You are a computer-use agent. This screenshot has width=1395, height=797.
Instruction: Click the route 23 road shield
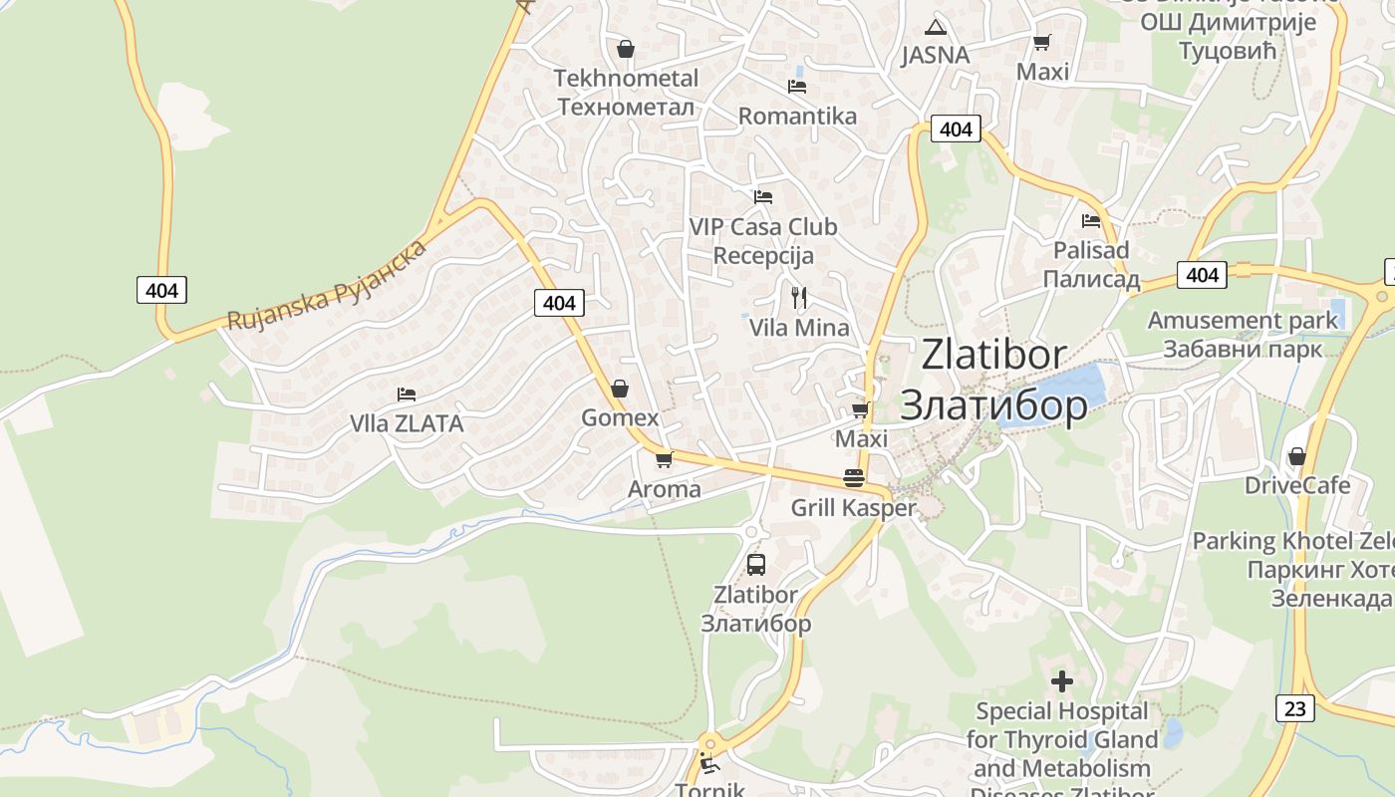(x=1294, y=707)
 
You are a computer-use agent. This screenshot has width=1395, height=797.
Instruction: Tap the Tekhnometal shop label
(x=626, y=92)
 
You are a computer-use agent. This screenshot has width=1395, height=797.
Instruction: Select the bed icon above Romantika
(x=797, y=87)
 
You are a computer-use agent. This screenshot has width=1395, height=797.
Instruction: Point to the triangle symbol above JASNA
(x=935, y=27)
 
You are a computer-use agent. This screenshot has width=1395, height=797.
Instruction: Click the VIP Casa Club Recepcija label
(x=763, y=241)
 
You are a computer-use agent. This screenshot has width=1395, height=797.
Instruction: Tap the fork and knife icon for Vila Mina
(x=798, y=297)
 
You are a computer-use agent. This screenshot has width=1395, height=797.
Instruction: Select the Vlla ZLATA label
(x=407, y=423)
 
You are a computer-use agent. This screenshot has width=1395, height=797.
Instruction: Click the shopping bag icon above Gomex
(x=620, y=388)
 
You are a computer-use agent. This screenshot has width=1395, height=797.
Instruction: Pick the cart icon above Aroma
(x=664, y=459)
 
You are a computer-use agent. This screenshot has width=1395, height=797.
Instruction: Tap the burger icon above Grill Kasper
(x=853, y=478)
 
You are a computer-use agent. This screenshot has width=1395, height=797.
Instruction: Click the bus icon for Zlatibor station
(x=756, y=565)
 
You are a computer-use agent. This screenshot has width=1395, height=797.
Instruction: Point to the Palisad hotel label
(x=1091, y=264)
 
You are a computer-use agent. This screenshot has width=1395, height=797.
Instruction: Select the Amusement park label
(x=1243, y=335)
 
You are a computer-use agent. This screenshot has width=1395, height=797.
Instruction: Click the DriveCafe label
(x=1297, y=485)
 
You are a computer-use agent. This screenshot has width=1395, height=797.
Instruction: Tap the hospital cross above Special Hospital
(x=1062, y=681)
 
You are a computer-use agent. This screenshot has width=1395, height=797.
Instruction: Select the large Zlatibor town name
(x=993, y=380)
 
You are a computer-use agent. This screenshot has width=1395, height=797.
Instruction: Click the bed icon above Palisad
(x=1091, y=220)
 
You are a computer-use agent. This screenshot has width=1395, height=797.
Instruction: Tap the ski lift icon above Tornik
(x=709, y=764)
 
